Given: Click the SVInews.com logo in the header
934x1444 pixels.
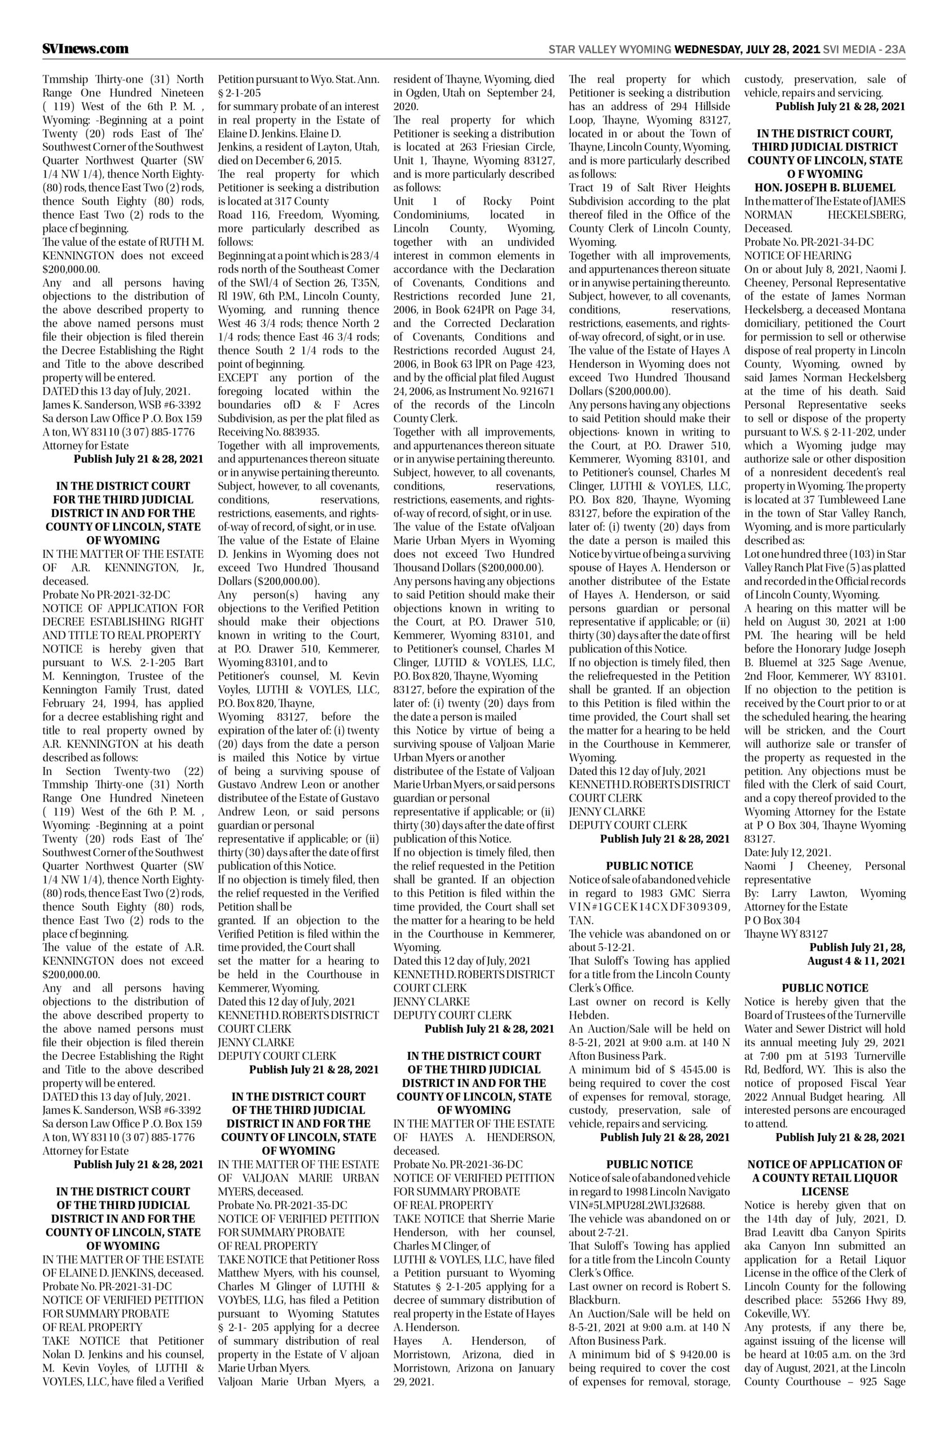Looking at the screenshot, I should point(86,49).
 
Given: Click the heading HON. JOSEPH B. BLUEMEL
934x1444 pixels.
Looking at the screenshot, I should point(825,187).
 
